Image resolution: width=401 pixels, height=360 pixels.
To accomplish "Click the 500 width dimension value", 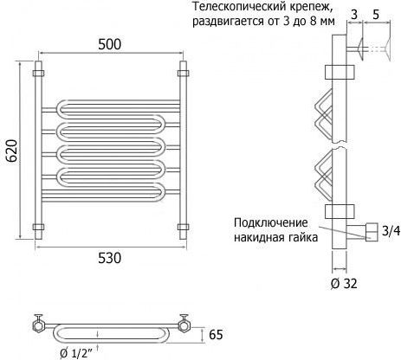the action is click(x=109, y=44).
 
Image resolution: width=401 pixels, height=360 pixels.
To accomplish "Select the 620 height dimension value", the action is click(x=12, y=151).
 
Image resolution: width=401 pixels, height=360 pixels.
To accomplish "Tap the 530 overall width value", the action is click(x=109, y=258).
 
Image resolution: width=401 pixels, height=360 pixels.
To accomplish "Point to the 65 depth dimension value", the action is click(x=216, y=335).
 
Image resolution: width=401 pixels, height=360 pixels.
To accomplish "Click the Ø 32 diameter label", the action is click(x=344, y=284).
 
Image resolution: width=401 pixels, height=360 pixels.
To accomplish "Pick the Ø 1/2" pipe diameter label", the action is click(x=76, y=353).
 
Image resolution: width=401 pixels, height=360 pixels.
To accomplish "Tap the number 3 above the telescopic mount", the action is click(x=354, y=14).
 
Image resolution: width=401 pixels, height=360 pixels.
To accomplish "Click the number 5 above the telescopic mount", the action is click(x=376, y=14).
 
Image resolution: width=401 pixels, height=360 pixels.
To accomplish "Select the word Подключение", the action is click(x=271, y=223).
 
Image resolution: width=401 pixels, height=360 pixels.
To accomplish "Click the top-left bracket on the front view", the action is click(x=38, y=73).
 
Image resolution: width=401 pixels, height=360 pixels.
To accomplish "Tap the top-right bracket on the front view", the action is click(x=184, y=73).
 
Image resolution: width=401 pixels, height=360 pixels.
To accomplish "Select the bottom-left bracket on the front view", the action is click(x=38, y=227).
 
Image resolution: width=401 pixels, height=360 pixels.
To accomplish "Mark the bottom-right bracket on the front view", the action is click(x=184, y=227).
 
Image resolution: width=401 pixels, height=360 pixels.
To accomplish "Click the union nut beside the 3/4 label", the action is click(x=372, y=232).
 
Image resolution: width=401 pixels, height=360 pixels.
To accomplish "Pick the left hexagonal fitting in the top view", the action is click(x=38, y=325).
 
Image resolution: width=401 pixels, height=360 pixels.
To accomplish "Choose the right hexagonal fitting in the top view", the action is click(x=184, y=325).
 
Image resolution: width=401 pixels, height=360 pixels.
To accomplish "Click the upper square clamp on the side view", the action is click(x=340, y=72).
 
